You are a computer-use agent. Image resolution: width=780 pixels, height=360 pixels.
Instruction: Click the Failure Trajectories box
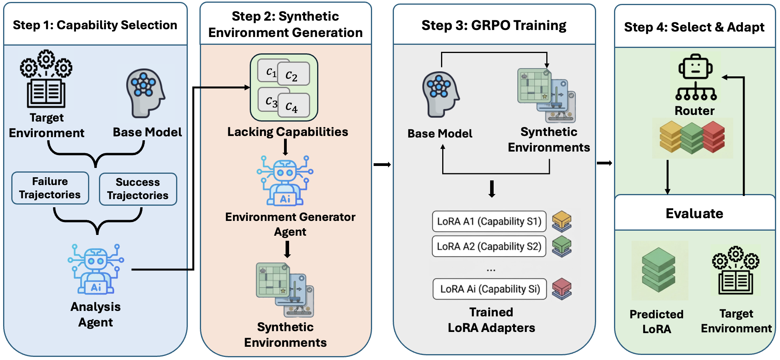pyautogui.click(x=50, y=188)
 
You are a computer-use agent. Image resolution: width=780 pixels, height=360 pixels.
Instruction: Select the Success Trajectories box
pyautogui.click(x=138, y=189)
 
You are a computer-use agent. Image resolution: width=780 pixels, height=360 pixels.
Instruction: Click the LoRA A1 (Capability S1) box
pyautogui.click(x=489, y=221)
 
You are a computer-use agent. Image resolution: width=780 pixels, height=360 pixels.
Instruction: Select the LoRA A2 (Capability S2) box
pyautogui.click(x=489, y=246)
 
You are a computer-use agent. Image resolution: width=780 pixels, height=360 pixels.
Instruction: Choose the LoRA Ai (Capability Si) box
pyautogui.click(x=489, y=289)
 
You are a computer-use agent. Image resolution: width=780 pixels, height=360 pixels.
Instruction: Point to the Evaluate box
pyautogui.click(x=694, y=213)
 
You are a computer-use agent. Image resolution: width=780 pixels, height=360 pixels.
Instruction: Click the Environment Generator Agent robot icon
pyautogui.click(x=285, y=181)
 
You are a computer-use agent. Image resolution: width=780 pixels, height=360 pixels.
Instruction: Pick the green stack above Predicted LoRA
pyautogui.click(x=658, y=270)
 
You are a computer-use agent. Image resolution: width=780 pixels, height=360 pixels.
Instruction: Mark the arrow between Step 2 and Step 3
pyautogui.click(x=382, y=164)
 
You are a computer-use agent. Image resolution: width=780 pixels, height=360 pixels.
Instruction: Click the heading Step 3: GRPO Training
pyautogui.click(x=494, y=25)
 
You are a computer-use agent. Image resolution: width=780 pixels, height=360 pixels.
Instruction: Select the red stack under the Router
pyautogui.click(x=713, y=136)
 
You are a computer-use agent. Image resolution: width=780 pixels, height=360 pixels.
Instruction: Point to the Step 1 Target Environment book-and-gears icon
pyautogui.click(x=46, y=79)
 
